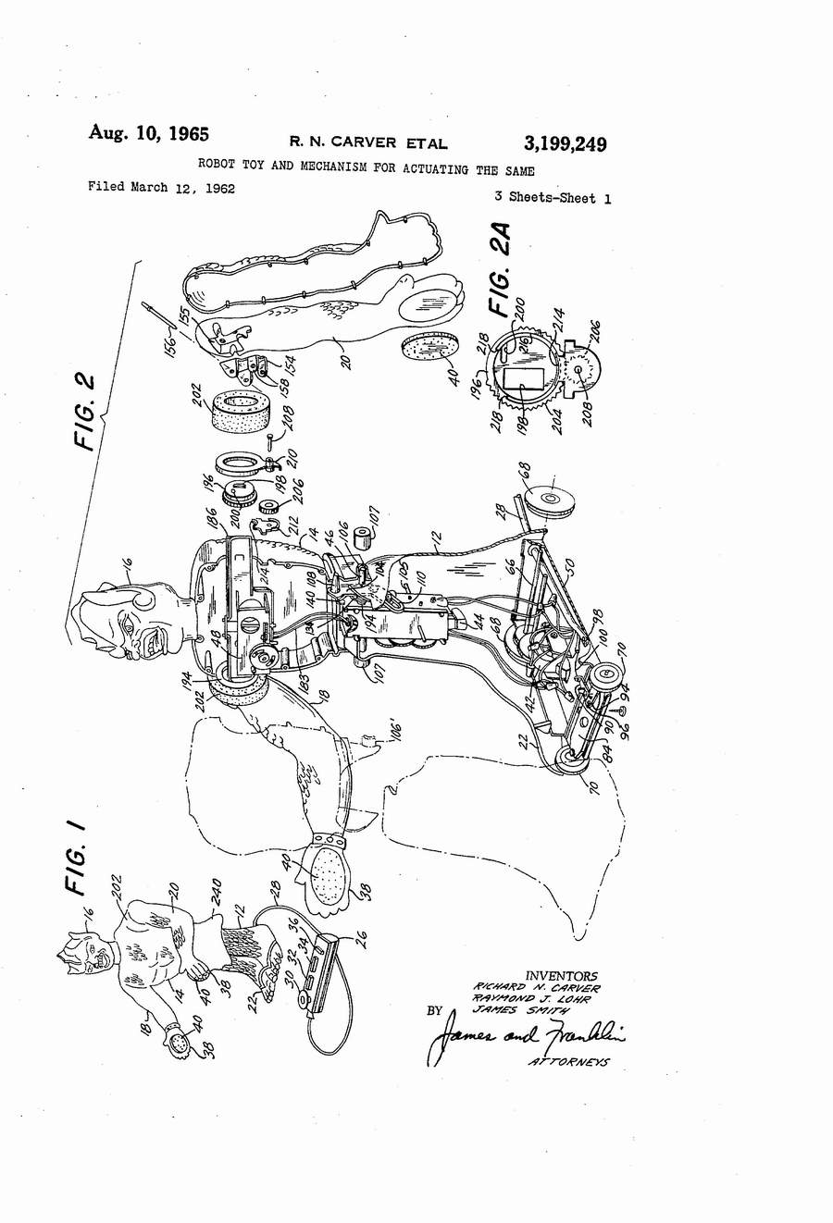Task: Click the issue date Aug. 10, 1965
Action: (148, 132)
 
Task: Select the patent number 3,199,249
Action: (565, 143)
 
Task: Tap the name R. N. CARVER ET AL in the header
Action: (368, 142)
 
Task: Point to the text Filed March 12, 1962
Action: (161, 188)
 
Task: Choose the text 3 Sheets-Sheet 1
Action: (553, 197)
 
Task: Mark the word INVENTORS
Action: (561, 976)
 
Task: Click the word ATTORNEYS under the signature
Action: (568, 1062)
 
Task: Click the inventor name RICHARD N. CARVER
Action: (536, 987)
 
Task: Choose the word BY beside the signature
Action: (435, 1011)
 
